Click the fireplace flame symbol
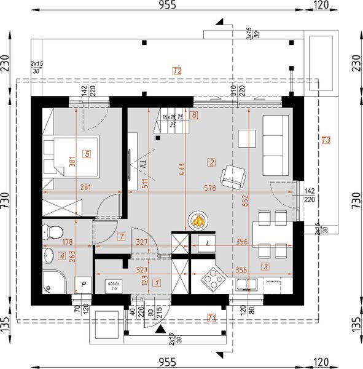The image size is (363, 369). click(198, 220)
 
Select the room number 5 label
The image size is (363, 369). click(87, 154)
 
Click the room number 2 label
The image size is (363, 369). click(211, 162)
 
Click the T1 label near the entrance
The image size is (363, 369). click(211, 318)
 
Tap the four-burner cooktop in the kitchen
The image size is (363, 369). click(213, 282)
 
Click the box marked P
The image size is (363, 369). click(83, 285)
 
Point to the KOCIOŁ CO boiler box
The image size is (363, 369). click(112, 285)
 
